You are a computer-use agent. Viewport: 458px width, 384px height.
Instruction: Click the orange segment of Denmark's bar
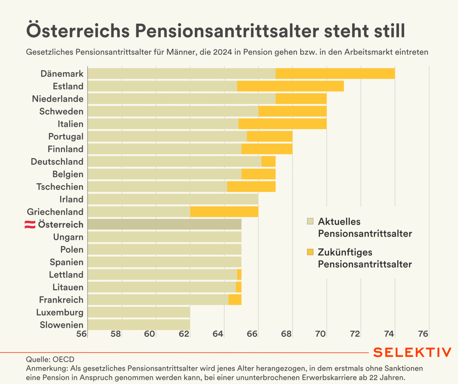(x=335, y=74)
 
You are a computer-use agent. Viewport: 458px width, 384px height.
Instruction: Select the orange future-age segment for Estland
(x=290, y=86)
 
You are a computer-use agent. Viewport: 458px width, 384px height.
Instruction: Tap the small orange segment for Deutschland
(x=268, y=161)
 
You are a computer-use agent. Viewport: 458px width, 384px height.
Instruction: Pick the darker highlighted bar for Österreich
(x=164, y=224)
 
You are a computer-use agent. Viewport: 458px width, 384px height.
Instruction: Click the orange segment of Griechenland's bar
(x=224, y=212)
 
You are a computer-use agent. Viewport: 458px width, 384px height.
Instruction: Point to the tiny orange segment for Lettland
(x=239, y=274)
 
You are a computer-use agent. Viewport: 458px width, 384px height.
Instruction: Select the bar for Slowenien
(x=139, y=325)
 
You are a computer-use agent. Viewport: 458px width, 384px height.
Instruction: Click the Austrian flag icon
(x=30, y=224)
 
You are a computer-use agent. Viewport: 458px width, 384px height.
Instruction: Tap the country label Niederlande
(x=58, y=99)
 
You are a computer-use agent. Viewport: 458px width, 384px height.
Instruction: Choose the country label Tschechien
(x=60, y=187)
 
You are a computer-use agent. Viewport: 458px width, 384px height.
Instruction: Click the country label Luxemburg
(x=60, y=312)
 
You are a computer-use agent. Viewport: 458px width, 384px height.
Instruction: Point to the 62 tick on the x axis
(x=184, y=334)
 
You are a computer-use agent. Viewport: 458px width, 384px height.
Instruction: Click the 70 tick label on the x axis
(x=321, y=334)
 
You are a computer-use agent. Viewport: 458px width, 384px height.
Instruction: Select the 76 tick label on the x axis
(x=423, y=334)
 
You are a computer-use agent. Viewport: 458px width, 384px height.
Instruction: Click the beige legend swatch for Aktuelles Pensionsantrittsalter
(x=310, y=222)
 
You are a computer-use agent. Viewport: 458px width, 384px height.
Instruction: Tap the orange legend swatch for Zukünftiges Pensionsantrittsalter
(x=310, y=252)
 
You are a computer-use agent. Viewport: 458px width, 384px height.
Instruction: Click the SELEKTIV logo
(x=412, y=352)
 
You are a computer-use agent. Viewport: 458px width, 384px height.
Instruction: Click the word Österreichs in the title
(x=78, y=31)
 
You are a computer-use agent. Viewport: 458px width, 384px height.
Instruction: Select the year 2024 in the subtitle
(x=222, y=52)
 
